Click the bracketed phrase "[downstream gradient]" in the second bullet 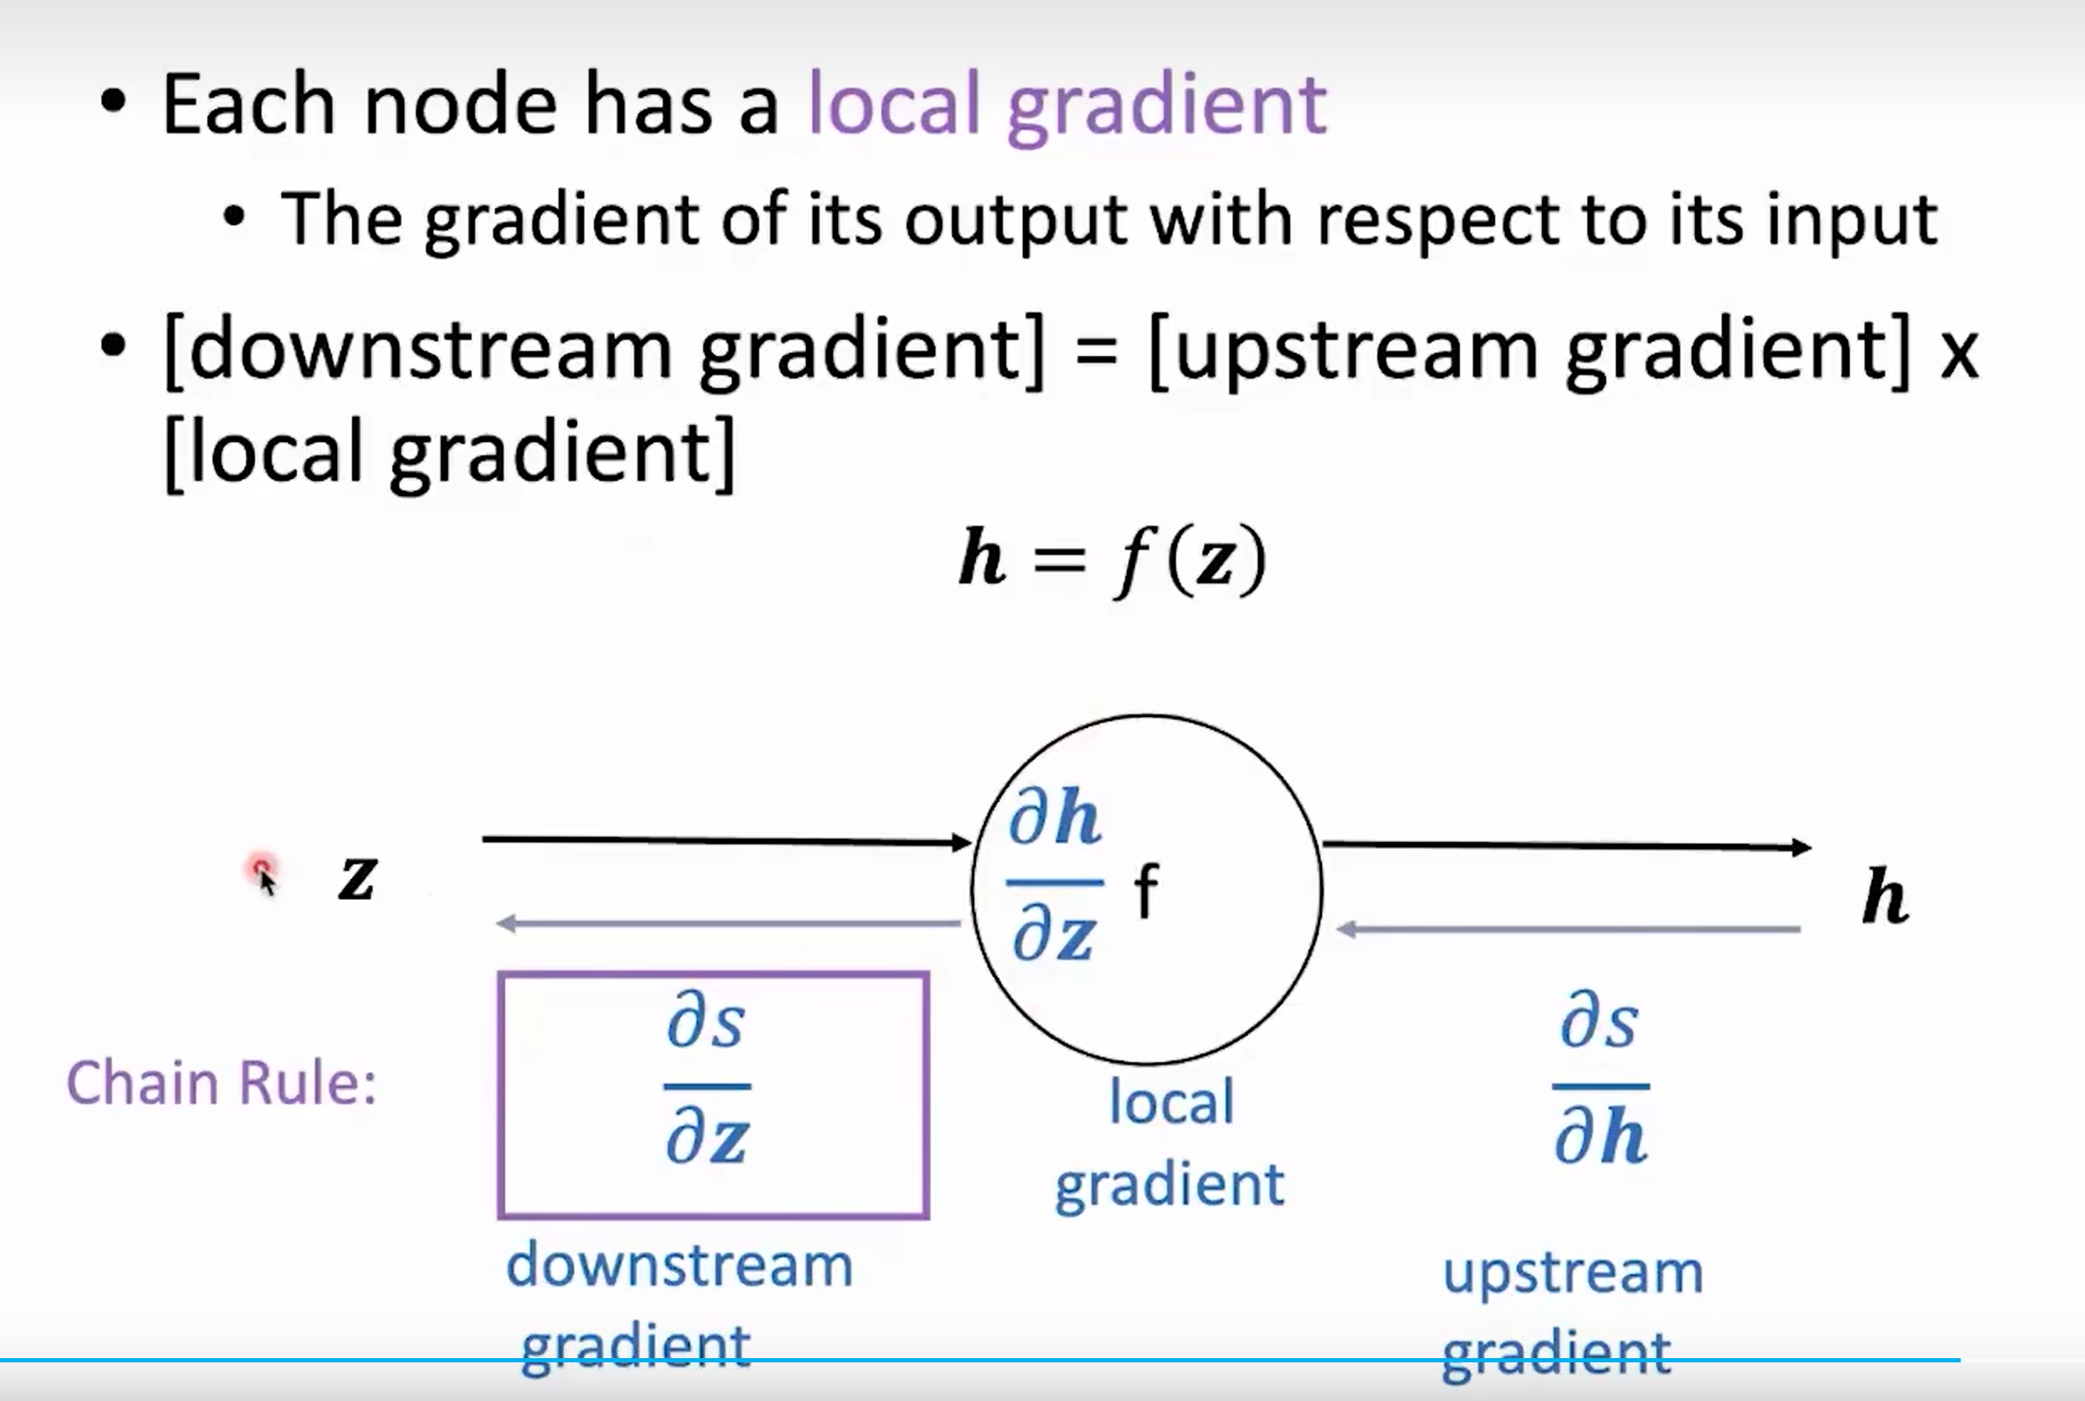[x=604, y=350]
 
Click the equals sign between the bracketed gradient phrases [x=1096, y=350]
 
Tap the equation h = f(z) [x=1112, y=561]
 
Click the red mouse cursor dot [x=261, y=868]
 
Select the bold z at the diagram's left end [x=357, y=877]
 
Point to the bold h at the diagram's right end [x=1885, y=895]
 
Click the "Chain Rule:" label [x=222, y=1083]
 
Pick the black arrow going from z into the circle [x=725, y=840]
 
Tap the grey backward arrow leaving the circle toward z [x=727, y=923]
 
